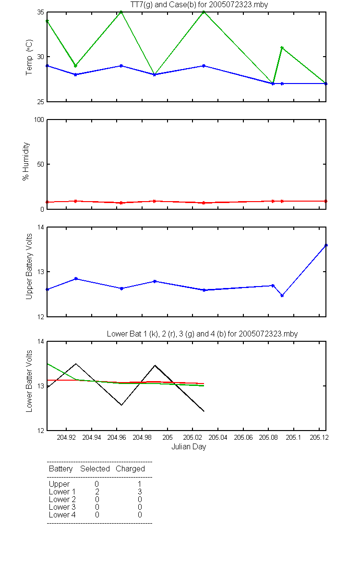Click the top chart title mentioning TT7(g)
[199, 5]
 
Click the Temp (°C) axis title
[29, 57]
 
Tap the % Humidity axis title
[26, 161]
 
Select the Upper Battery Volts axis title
[29, 266]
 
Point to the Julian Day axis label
[189, 447]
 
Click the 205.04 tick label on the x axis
[218, 437]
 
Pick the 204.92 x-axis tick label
[66, 437]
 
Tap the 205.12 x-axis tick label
[319, 437]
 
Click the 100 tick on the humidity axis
[39, 120]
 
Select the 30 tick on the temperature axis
[41, 57]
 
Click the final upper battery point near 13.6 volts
[326, 245]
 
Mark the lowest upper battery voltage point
[282, 296]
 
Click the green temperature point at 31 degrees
[282, 48]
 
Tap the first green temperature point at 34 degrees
[48, 21]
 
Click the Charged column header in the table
[130, 469]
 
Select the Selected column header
[95, 469]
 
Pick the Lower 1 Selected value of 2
[97, 492]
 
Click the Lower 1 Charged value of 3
[140, 492]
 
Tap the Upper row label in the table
[59, 484]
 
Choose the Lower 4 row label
[62, 515]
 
